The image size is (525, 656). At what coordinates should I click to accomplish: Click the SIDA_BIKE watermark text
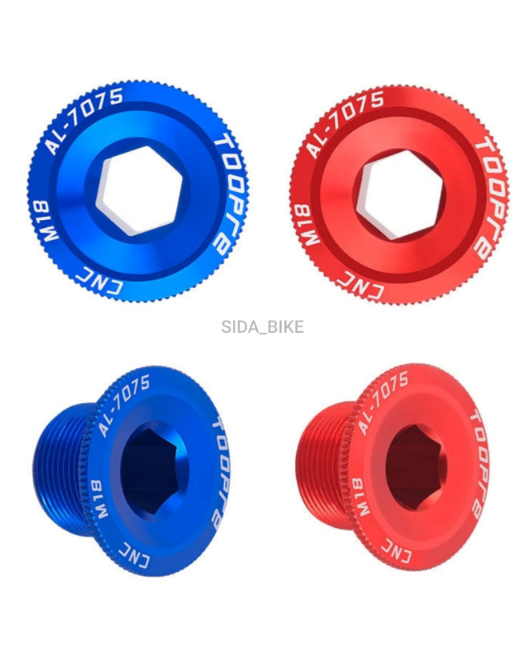[262, 326]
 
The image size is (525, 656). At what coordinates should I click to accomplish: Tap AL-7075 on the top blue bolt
[84, 121]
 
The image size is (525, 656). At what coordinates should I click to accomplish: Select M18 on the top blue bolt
[51, 222]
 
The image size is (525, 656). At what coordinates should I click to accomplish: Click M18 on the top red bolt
[312, 224]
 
